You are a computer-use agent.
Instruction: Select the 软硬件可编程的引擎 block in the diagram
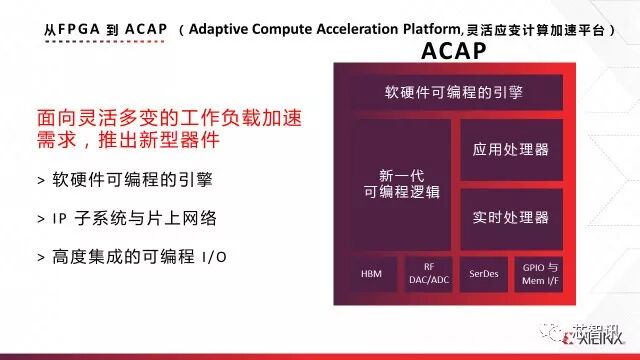pyautogui.click(x=453, y=92)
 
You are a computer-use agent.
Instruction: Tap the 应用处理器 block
pyautogui.click(x=511, y=149)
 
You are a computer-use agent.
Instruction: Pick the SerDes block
pyautogui.click(x=483, y=273)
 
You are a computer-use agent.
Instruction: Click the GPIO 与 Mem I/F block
pyautogui.click(x=541, y=273)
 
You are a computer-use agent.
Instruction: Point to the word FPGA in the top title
pyautogui.click(x=80, y=32)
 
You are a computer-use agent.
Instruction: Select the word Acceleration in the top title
pyautogui.click(x=350, y=32)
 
